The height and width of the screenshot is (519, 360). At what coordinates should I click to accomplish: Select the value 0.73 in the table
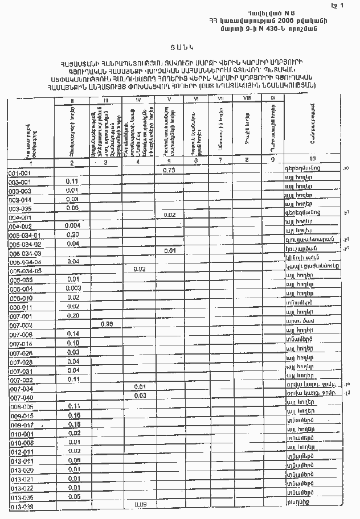click(168, 170)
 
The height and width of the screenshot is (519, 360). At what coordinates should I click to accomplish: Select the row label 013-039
click(22, 506)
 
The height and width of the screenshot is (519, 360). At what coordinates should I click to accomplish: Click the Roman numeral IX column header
click(272, 98)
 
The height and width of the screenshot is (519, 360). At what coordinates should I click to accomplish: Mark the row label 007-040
click(21, 397)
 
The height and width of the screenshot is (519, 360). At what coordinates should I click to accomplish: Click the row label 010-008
click(21, 443)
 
